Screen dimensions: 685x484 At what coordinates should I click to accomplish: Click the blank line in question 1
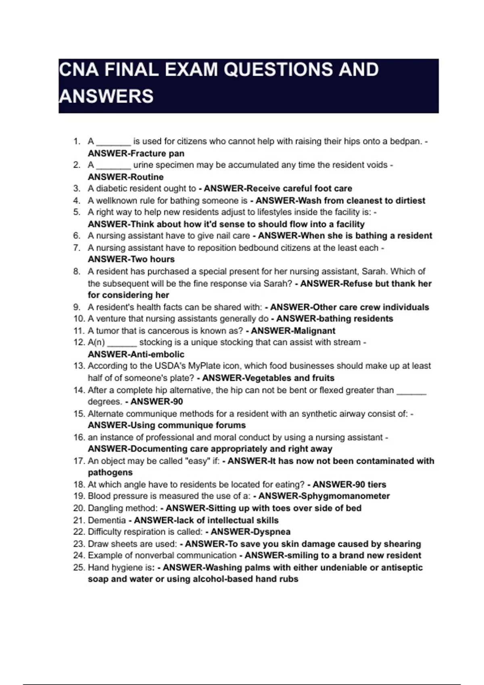click(x=113, y=142)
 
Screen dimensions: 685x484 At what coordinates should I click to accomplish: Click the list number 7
click(x=77, y=248)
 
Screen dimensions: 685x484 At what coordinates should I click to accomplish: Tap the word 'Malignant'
click(x=313, y=331)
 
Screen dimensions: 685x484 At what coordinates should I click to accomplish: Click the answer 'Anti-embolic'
click(x=158, y=355)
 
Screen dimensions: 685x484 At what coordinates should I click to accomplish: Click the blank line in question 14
click(x=411, y=390)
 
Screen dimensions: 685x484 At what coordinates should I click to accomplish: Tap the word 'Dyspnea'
click(x=272, y=532)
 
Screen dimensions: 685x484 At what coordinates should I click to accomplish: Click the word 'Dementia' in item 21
click(x=107, y=520)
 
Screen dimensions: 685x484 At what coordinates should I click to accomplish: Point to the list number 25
click(x=79, y=567)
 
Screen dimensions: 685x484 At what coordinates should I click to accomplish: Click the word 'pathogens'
click(x=110, y=473)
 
